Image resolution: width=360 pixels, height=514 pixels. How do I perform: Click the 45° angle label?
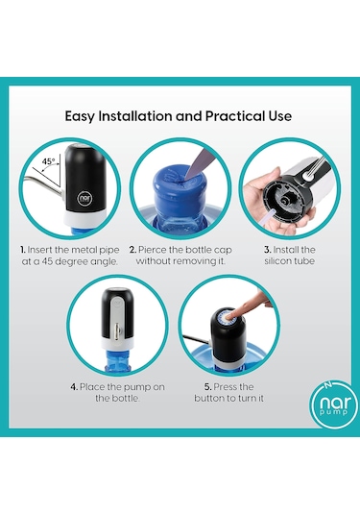49,161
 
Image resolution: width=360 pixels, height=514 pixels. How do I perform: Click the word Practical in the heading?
230,116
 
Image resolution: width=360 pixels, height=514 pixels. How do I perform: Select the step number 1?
23,250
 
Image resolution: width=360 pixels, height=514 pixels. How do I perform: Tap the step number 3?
267,250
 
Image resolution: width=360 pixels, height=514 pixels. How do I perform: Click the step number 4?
74,387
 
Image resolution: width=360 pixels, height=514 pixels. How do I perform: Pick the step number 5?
207,387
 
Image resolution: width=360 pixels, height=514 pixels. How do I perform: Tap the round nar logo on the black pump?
84,199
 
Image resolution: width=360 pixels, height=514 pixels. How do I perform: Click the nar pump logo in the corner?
334,404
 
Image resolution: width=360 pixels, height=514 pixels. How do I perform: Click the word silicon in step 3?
276,261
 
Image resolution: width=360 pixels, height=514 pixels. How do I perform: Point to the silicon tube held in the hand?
268,218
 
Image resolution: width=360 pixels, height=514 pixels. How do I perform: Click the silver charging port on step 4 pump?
116,331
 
